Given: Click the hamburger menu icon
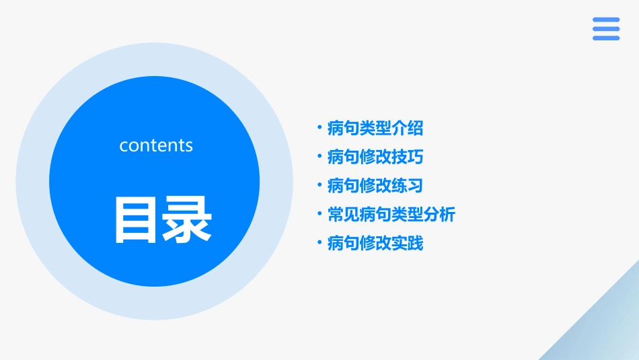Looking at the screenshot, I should point(606,29).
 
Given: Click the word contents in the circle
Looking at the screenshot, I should point(156,145).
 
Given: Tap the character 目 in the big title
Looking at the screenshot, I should point(137,219).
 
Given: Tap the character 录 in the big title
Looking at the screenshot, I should point(188,219).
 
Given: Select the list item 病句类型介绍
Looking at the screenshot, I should point(375,128).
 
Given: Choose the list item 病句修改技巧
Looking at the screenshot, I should point(375,157).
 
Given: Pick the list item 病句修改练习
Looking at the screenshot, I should point(375,186).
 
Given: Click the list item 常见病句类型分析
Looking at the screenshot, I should point(391,215).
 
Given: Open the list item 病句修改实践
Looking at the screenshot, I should point(375,244).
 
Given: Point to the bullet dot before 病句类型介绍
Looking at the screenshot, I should point(319,127).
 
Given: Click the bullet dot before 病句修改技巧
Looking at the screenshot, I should point(319,155).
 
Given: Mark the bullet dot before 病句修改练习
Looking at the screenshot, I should point(319,184).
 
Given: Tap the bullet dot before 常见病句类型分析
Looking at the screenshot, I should point(319,213).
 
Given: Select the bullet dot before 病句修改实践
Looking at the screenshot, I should point(319,242).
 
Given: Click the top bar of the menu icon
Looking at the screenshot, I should point(606,20).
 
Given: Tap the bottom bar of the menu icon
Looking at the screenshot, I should point(606,38).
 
